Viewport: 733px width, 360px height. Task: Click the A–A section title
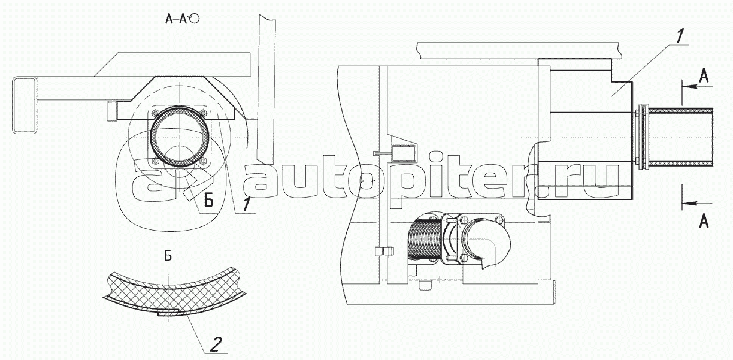[x=176, y=19]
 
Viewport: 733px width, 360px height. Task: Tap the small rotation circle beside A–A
[x=194, y=19]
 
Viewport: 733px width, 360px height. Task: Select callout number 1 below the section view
[x=247, y=205]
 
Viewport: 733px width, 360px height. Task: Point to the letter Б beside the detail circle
[x=209, y=199]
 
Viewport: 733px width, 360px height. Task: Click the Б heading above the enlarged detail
[x=168, y=256]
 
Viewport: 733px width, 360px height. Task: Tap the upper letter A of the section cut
[x=704, y=76]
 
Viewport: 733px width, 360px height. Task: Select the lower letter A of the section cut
[x=704, y=221]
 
